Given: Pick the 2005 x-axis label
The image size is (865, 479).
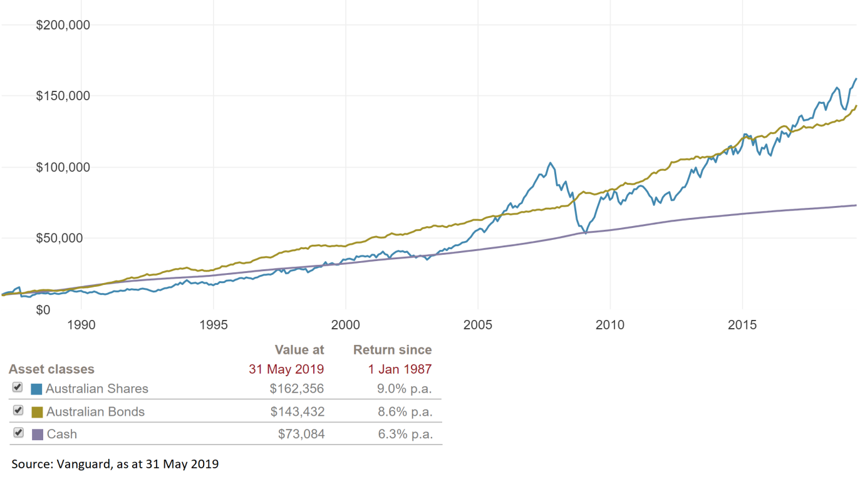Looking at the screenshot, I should tap(478, 325).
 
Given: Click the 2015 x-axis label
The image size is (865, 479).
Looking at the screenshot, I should tap(742, 325).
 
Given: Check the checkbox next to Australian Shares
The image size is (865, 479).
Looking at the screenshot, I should tap(18, 388).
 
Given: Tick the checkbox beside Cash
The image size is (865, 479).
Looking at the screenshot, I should tap(18, 433).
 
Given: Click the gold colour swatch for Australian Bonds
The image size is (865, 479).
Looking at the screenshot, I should tap(37, 412).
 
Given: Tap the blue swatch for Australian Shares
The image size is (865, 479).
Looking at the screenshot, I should tap(36, 389).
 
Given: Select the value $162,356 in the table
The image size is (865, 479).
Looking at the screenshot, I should tap(297, 389).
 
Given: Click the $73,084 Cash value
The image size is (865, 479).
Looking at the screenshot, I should tap(301, 434).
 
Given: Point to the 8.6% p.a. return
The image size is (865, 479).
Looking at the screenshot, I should tap(405, 412).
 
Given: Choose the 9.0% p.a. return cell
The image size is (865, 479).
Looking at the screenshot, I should tap(405, 389).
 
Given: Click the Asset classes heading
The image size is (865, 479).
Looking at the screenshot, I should tap(51, 369).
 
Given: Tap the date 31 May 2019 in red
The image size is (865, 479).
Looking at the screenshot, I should tap(286, 369).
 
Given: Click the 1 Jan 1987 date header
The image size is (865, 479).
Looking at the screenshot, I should tap(400, 369).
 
